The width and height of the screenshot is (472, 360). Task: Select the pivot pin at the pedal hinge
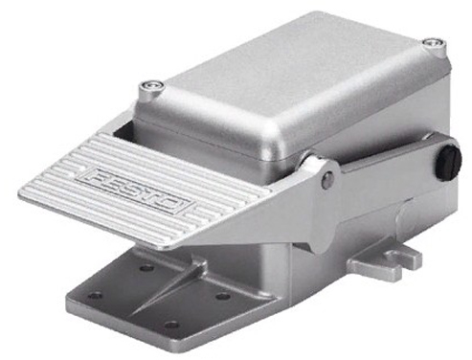pyautogui.click(x=327, y=179)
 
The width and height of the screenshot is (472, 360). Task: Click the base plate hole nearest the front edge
pyautogui.click(x=169, y=324)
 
